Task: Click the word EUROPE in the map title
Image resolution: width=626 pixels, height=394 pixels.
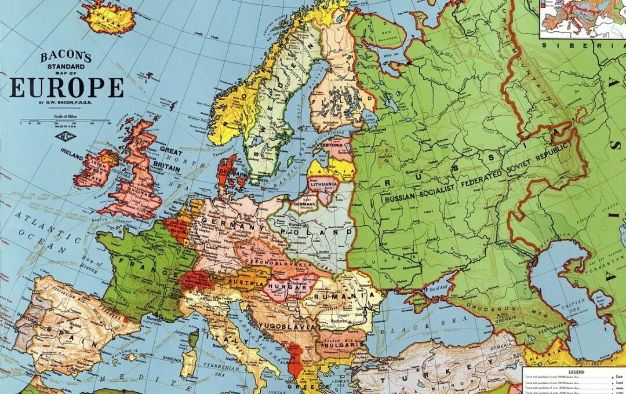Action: pos(67,87)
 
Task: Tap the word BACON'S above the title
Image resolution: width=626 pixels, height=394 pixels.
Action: pos(65,57)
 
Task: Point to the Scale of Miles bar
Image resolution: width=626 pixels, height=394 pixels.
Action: pos(65,122)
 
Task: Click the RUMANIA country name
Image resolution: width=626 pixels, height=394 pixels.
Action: pos(342,297)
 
